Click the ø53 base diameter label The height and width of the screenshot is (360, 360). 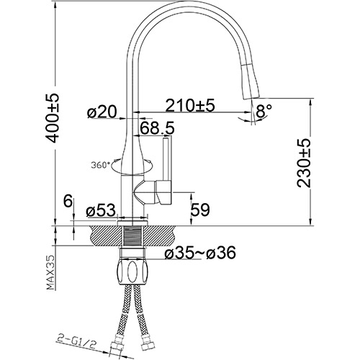[100, 212]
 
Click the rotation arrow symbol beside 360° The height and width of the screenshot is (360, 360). [122, 166]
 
